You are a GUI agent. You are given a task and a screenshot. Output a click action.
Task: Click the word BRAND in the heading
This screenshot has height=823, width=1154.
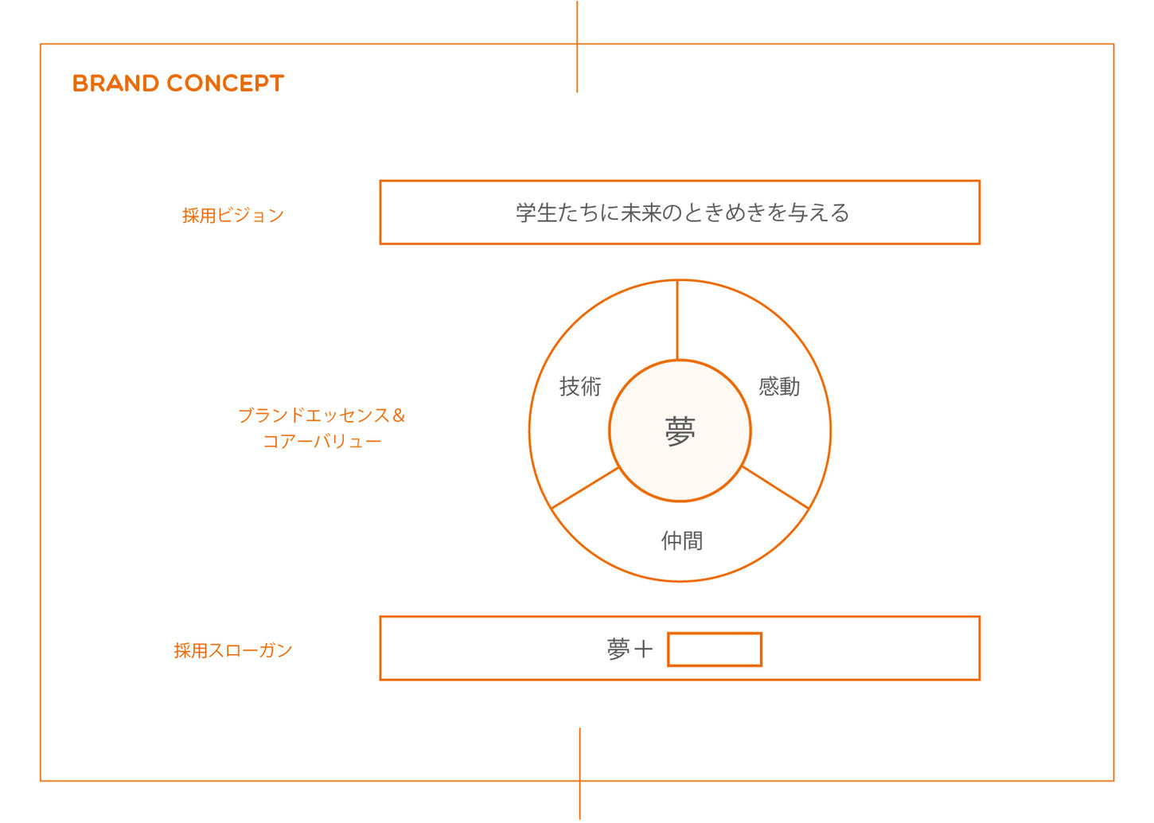115,84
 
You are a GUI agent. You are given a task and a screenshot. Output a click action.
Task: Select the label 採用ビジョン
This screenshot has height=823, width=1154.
232,215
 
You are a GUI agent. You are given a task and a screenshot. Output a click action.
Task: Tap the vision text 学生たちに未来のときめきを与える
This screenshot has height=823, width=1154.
682,213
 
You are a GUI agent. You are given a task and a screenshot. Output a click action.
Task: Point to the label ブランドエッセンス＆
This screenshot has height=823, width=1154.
314,415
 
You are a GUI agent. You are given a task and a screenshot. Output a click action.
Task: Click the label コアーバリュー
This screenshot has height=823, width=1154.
322,441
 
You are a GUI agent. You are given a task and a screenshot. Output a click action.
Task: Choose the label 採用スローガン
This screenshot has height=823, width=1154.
233,650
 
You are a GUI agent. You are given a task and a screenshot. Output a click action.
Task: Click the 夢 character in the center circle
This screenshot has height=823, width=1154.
680,431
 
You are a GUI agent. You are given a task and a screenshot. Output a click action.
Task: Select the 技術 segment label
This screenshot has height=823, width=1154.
580,387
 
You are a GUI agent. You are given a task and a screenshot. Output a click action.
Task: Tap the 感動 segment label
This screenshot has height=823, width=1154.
778,387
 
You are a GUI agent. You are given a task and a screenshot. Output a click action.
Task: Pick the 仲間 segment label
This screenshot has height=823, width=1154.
682,541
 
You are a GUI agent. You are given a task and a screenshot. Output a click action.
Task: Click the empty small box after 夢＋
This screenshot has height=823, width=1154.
714,649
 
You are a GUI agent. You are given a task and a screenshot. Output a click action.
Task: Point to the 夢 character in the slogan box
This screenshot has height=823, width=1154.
618,649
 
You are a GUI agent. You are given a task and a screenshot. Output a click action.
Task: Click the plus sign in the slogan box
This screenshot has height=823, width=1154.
643,649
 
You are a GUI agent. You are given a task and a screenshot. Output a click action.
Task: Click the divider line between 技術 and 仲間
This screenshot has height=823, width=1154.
585,487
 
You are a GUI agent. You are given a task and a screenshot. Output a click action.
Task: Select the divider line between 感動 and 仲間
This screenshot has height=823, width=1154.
775,487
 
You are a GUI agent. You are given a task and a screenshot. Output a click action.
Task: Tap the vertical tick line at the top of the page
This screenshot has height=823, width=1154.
577,46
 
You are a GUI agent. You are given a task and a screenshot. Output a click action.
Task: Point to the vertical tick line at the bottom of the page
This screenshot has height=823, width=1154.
579,772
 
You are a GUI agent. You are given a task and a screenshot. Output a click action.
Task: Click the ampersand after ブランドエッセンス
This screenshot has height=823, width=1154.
399,415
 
